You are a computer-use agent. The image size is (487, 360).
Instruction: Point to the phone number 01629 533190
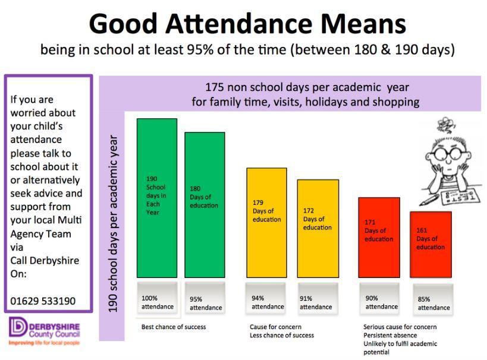tap(43, 301)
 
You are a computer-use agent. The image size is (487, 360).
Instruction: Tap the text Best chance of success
tap(174, 327)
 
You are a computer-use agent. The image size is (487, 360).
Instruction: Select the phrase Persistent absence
tap(389, 335)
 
